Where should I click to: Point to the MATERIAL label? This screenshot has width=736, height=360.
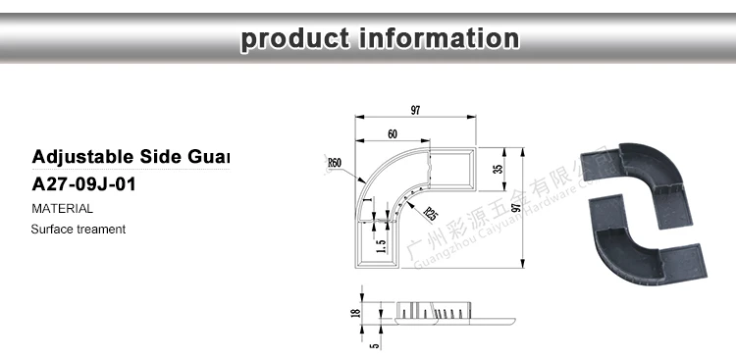tap(62, 208)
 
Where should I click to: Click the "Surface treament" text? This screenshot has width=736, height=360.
tap(78, 230)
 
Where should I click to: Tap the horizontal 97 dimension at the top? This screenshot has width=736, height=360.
tap(415, 111)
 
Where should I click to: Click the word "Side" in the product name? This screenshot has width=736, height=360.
tap(161, 157)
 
